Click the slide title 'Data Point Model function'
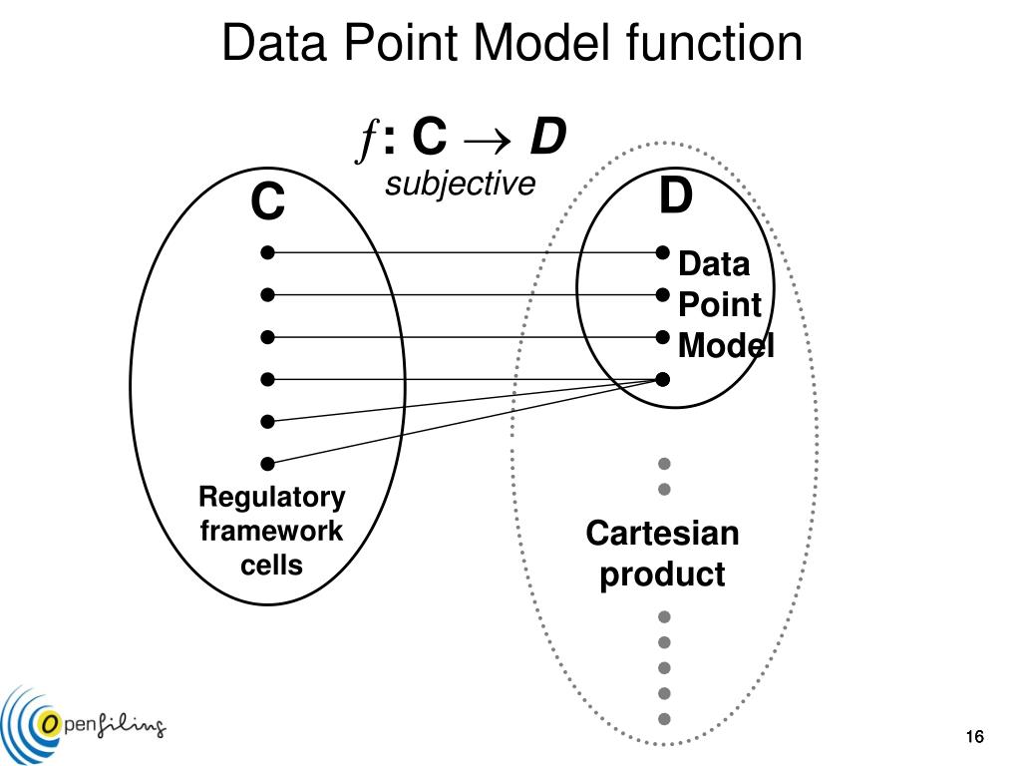511,44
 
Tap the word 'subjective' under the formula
461,185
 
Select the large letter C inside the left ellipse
267,204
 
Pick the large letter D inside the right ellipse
675,196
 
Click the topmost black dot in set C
267,253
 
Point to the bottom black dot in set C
267,463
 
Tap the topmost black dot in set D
663,253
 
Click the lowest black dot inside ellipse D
663,379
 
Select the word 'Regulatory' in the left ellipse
271,497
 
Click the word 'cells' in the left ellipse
271,566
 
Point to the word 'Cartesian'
662,534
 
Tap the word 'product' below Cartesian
662,575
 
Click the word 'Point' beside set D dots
719,305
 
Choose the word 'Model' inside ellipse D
726,346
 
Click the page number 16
974,737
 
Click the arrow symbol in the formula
486,140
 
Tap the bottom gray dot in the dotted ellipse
664,718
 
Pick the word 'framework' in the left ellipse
271,532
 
